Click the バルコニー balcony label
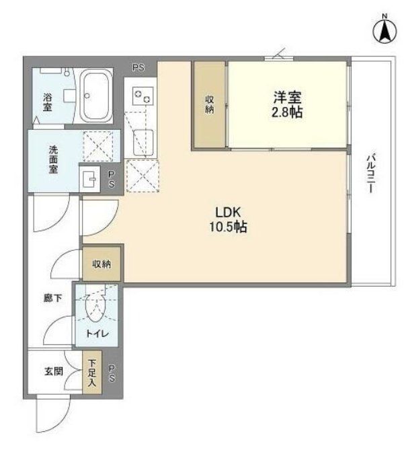pos(370,174)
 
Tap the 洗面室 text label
pos(52,159)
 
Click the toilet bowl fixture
pos(95,309)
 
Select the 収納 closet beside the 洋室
pos(209,104)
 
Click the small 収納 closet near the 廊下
pos(102,264)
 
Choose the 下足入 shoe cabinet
pos(92,371)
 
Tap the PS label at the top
pos(138,67)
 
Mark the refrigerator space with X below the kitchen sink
pos(142,176)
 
